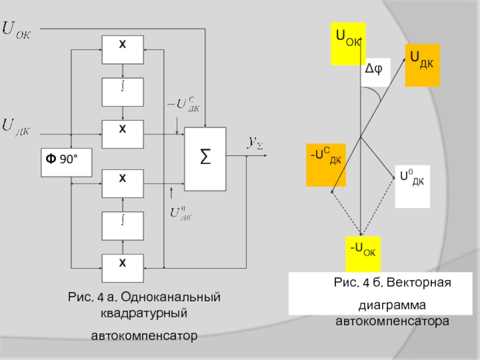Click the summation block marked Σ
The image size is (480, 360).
tap(205, 159)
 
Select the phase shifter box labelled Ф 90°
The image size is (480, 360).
tap(67, 163)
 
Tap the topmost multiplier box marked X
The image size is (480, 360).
tap(123, 50)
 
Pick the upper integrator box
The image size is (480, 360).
tap(123, 92)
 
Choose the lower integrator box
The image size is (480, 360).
tap(123, 226)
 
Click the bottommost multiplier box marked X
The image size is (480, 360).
tap(123, 268)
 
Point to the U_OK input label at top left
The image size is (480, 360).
tap(17, 30)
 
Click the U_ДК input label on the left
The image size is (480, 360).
tap(16, 127)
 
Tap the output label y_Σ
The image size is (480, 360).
tap(256, 143)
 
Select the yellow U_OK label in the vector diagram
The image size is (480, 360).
tap(348, 43)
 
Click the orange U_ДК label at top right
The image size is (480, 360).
tap(422, 65)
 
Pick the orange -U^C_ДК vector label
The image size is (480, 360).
tap(326, 165)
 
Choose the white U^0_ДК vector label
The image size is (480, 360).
tap(412, 187)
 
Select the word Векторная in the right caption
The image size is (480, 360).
tap(419, 282)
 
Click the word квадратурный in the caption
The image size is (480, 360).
tap(144, 313)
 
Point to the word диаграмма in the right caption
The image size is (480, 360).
tap(392, 305)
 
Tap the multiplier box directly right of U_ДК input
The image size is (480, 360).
tap(123, 134)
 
